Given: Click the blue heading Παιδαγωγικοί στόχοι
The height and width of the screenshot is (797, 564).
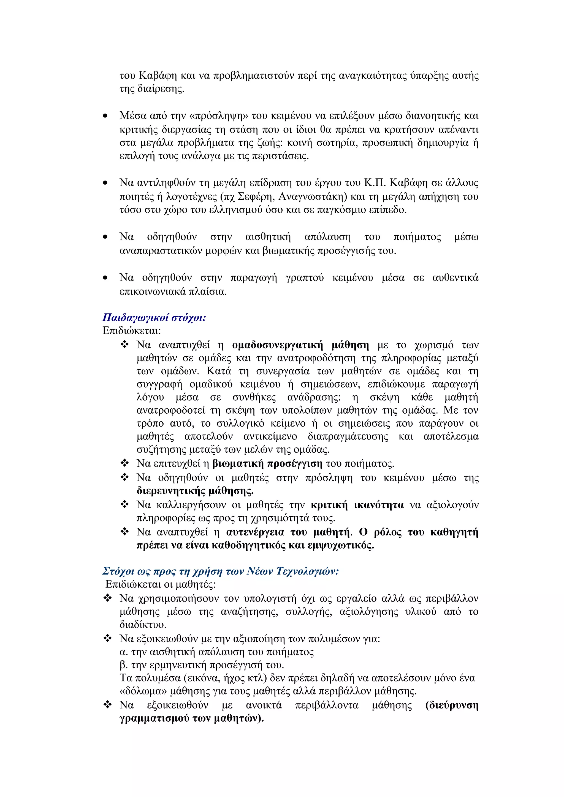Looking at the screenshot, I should (154, 317).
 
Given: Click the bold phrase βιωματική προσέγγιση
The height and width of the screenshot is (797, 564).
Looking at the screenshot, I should (267, 463).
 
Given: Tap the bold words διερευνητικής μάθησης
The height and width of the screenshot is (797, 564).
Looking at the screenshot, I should (195, 491).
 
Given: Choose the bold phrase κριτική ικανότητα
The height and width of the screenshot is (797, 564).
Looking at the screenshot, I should (357, 505).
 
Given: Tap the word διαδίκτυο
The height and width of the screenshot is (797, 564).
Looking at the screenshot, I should (142, 625).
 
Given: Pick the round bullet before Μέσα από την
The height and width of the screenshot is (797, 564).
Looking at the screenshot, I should (105, 116).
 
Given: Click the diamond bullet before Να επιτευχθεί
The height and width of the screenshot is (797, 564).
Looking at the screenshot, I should (124, 463).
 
